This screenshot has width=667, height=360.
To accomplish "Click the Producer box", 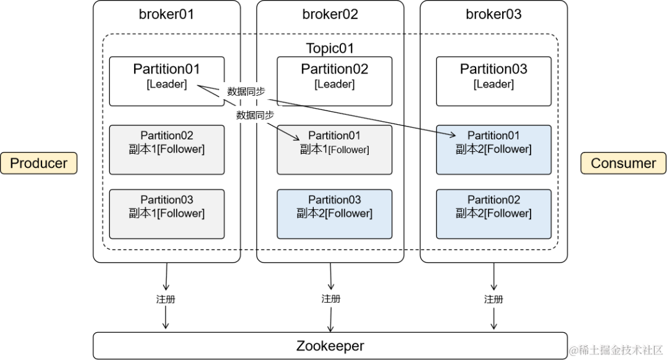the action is [x=39, y=163].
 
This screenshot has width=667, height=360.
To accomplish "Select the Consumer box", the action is [x=623, y=163].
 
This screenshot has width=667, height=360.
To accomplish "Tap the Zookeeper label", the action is [x=330, y=346].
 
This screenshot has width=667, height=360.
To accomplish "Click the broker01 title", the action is [x=166, y=14].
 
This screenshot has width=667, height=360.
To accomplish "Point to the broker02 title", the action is [x=330, y=14].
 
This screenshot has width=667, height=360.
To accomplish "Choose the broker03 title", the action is [x=493, y=14].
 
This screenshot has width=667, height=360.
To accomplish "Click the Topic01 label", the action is [x=330, y=48].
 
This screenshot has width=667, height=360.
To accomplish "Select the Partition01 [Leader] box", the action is [x=167, y=82].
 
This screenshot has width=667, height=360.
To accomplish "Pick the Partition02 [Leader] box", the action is [x=334, y=82].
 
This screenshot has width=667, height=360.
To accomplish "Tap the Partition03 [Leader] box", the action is [x=493, y=82].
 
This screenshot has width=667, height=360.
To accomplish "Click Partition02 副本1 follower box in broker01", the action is [x=167, y=150].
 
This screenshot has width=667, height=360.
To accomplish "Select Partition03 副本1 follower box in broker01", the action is [x=167, y=214].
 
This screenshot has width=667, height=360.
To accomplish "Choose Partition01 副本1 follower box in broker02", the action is [x=334, y=150].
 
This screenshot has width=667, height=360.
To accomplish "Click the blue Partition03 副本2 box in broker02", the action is [x=334, y=214].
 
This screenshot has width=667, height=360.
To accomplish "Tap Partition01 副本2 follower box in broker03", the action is [x=493, y=150].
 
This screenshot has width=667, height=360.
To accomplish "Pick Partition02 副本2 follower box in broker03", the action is [x=493, y=214].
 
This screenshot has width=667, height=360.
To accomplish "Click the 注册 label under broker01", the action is [x=166, y=299].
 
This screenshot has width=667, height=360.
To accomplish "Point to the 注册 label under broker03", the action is [x=493, y=299].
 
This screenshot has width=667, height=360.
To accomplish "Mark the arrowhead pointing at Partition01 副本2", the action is [x=453, y=135].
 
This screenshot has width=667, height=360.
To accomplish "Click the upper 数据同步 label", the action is [x=246, y=91].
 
